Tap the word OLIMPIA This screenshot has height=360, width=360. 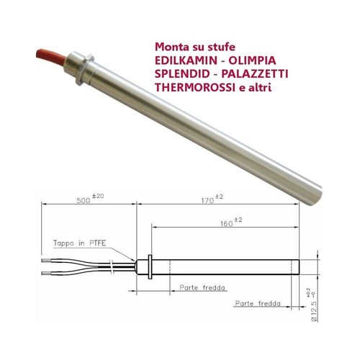coord(252,60)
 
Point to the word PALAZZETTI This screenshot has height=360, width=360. coord(255,74)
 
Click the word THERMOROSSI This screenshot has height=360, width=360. coord(195,88)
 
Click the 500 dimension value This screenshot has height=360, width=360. coord(84,200)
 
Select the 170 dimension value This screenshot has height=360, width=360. coord(207,200)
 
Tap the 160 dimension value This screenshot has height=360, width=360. coord(227,224)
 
